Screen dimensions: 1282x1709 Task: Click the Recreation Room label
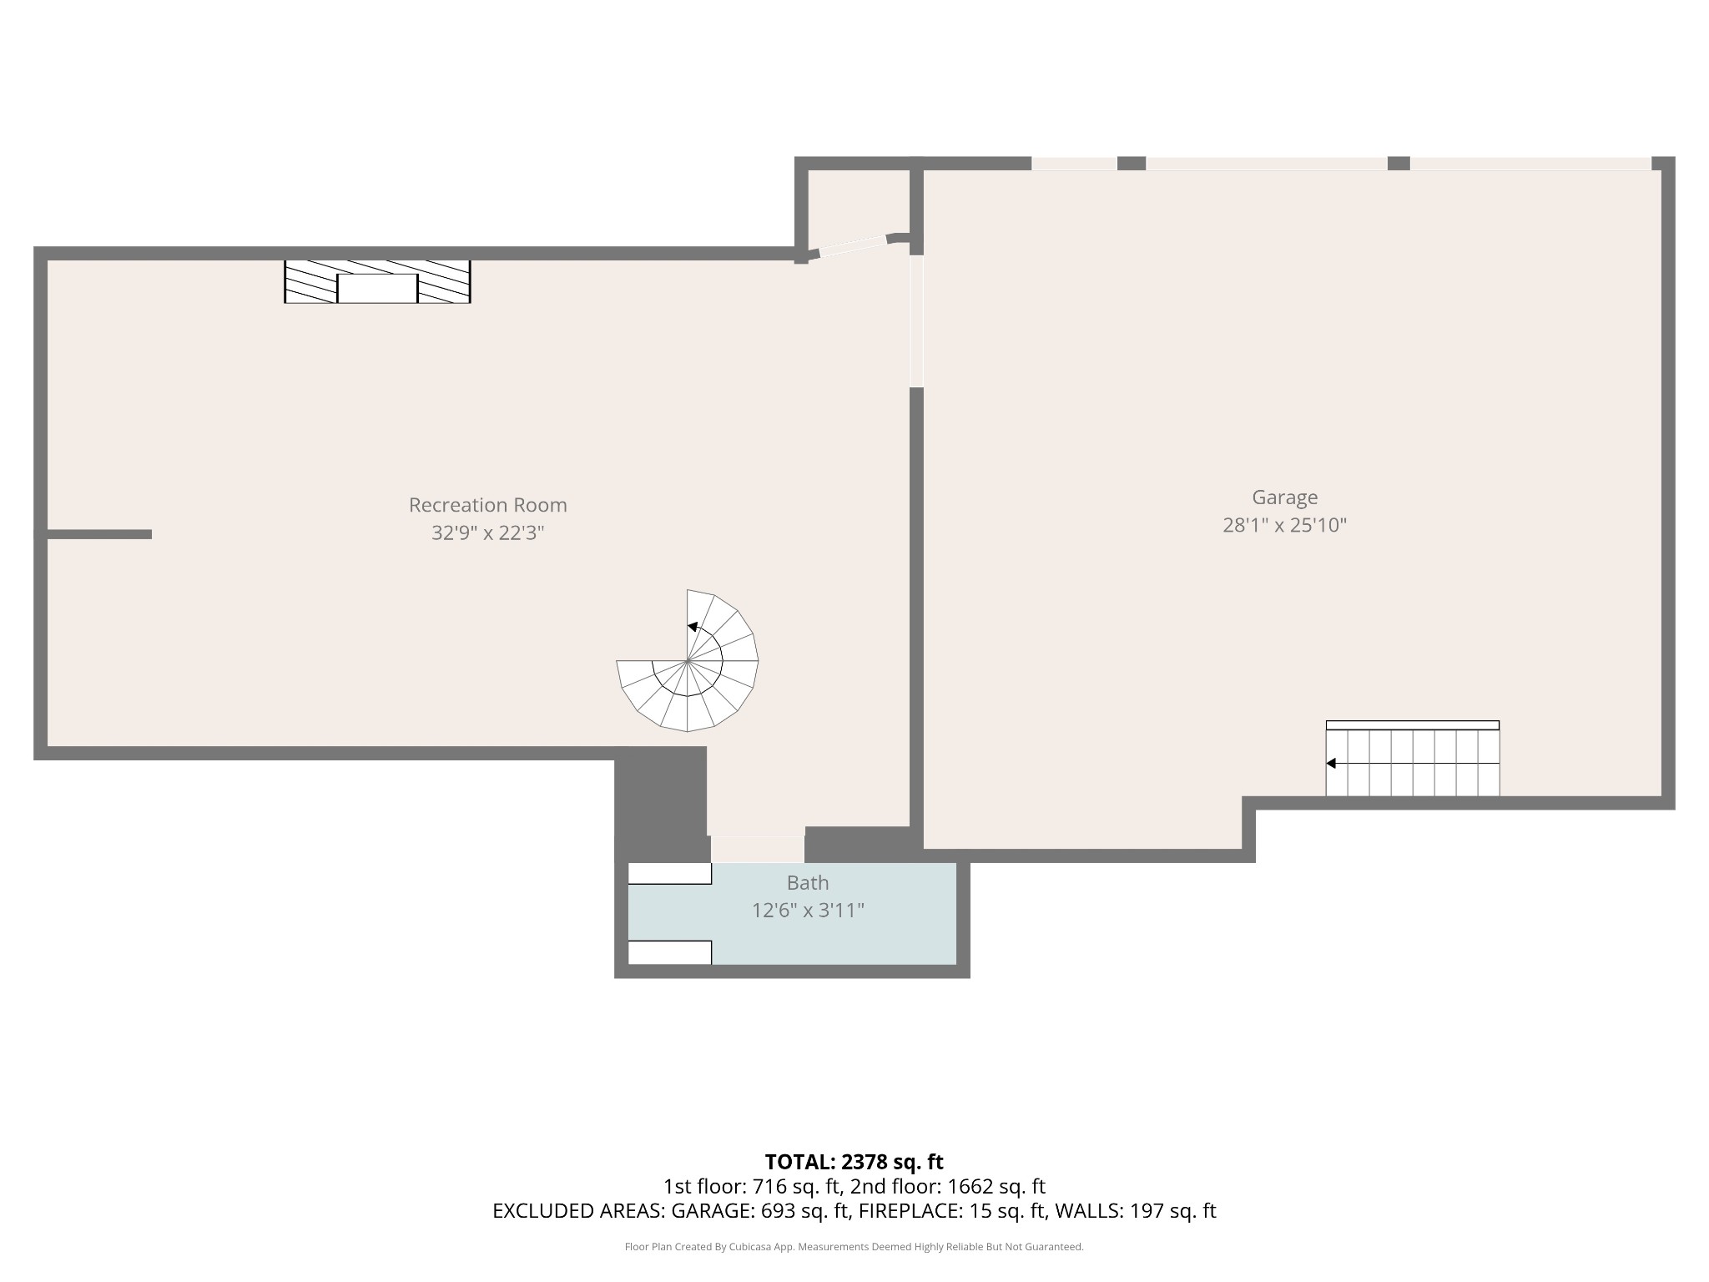487,505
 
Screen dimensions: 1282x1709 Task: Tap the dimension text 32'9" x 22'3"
487,532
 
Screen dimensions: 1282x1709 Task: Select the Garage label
1284,497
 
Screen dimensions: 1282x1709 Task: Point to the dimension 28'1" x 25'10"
1284,525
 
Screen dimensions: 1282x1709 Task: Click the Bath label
807,882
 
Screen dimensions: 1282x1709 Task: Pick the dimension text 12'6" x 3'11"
807,911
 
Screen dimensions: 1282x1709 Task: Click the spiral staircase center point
688,661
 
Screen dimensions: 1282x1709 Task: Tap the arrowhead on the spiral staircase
692,627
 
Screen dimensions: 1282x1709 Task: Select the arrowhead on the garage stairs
1331,763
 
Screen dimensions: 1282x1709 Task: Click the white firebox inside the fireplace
377,288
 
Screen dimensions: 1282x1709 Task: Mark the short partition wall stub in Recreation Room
99,534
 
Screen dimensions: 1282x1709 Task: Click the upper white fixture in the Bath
669,874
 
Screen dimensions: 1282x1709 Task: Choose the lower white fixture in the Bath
669,952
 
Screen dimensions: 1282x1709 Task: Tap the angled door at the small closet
852,245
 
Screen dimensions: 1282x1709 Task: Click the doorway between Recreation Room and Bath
758,849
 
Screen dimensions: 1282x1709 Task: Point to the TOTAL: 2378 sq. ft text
854,1162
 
